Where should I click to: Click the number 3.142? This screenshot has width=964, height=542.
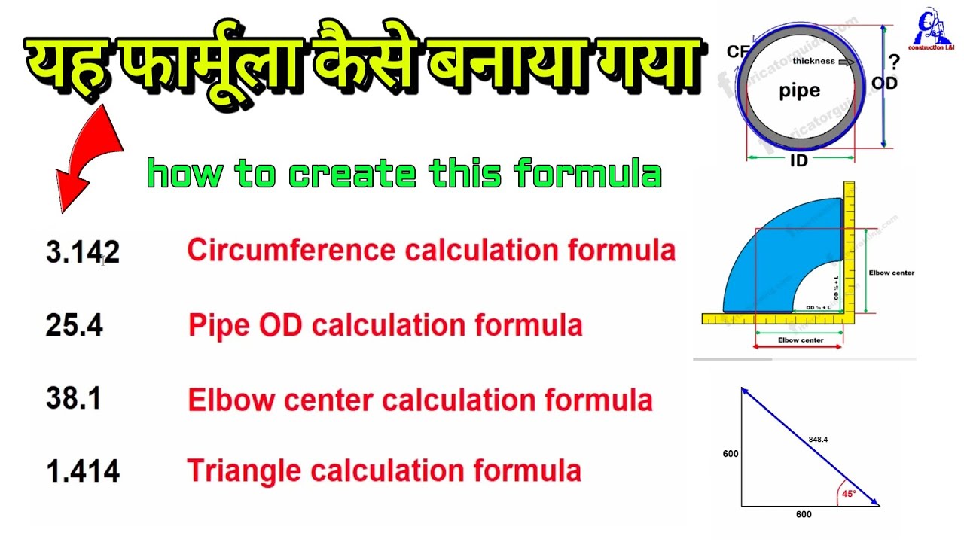pos(82,253)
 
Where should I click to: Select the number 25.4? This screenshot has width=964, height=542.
pos(74,326)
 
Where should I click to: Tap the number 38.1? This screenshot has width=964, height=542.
pos(74,399)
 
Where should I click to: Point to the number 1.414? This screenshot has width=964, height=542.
pos(82,471)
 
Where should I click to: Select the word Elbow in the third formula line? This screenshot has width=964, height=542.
pos(223,399)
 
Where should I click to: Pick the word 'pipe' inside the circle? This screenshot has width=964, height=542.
pos(799,91)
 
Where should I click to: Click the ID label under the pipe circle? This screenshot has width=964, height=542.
pos(800,160)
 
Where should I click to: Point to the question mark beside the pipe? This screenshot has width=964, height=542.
pos(894,62)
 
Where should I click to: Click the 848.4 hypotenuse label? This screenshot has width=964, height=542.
pos(819,439)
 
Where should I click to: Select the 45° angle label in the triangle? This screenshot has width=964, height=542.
pos(849,495)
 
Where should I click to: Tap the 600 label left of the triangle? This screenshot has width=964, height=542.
pos(731,454)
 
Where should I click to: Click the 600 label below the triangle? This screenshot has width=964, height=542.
pos(804,515)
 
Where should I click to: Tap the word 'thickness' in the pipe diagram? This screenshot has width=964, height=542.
pos(814,62)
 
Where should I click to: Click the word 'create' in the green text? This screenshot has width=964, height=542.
pos(352,175)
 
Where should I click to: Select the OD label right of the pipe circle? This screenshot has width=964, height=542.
pos(884,83)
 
